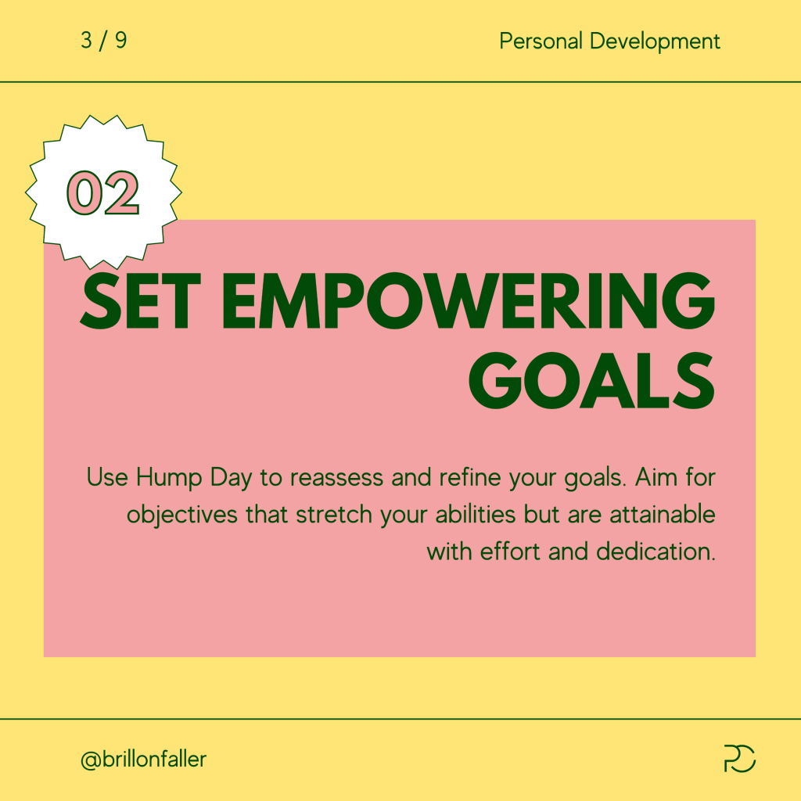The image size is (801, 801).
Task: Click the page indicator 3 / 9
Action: tap(104, 41)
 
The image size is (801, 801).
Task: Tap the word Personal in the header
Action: tap(541, 41)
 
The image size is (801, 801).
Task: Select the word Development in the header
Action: tap(655, 41)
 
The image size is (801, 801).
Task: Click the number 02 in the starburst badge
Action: tap(102, 192)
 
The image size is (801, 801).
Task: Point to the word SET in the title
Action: tap(141, 301)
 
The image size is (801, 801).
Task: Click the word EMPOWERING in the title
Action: tap(468, 301)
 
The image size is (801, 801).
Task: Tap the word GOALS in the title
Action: tap(591, 381)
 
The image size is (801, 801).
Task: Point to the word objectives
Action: tap(181, 515)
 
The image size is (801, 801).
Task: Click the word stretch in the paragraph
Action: tap(334, 515)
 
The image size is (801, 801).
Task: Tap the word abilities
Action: tap(475, 515)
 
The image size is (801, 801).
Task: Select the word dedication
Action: tap(656, 551)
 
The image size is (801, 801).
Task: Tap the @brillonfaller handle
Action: tap(144, 760)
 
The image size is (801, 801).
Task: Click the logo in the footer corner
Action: tap(740, 758)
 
